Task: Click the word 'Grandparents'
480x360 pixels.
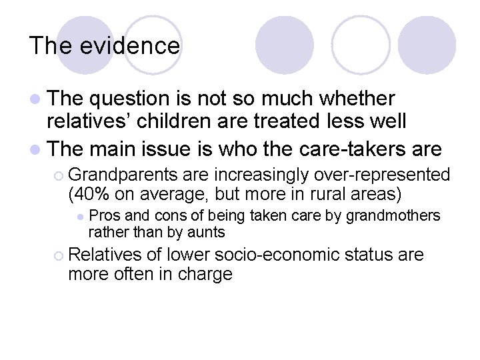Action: click(x=123, y=175)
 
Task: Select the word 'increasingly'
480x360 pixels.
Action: click(x=261, y=175)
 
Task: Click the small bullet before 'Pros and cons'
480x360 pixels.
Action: click(x=79, y=217)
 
